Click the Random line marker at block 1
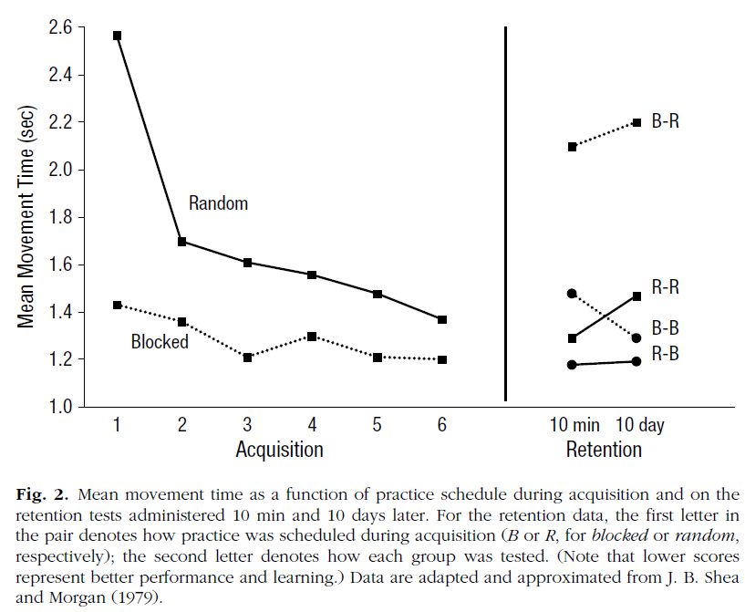(x=117, y=36)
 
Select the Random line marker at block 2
(x=182, y=242)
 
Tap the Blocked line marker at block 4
(x=312, y=337)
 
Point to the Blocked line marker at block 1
(x=117, y=305)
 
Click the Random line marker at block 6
(x=442, y=319)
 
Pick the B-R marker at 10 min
(x=572, y=147)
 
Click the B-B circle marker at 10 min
(x=572, y=294)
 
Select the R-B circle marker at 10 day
(x=636, y=361)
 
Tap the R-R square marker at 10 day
(x=636, y=296)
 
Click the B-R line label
(x=665, y=121)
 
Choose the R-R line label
(x=665, y=287)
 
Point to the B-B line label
(x=665, y=327)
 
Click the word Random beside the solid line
(x=218, y=203)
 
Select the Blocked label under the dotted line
(x=160, y=342)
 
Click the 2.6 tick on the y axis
(x=60, y=27)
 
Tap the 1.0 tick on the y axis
(x=60, y=407)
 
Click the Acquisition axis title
(x=279, y=450)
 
